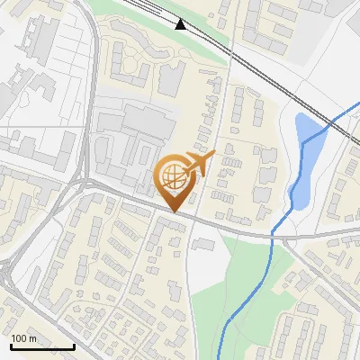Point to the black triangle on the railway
click(181, 24)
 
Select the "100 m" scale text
click(24, 338)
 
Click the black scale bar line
click(42, 347)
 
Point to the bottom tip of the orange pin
click(175, 212)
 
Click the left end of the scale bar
click(12, 347)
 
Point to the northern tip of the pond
click(301, 115)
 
